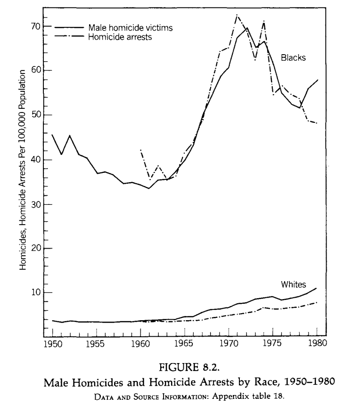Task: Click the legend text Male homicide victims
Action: (130, 28)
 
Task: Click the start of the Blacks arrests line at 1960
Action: (140, 149)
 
